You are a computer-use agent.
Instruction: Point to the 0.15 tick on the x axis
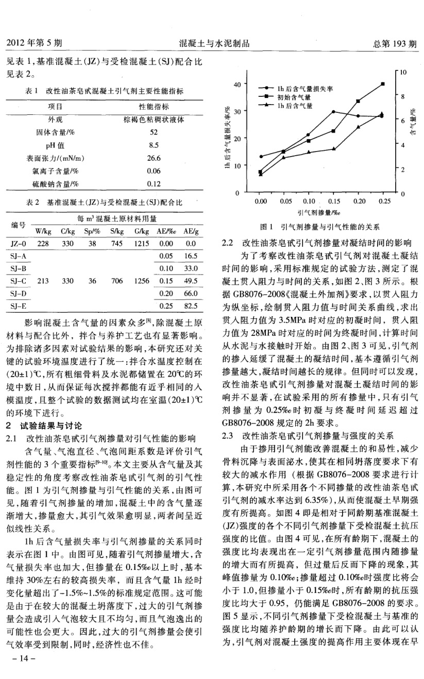point(333,201)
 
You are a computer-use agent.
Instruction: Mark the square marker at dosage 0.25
point(382,83)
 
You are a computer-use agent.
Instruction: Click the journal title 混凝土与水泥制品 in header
point(213,44)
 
